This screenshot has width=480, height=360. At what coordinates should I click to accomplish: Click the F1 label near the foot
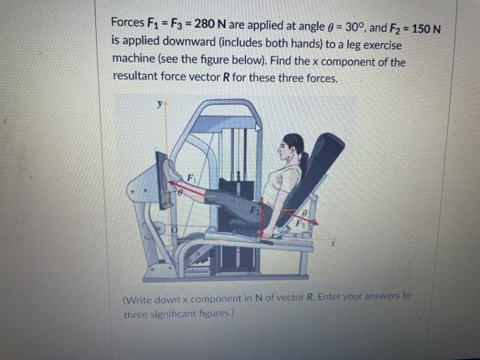tap(191, 178)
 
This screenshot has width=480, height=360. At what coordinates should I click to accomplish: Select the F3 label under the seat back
tap(300, 224)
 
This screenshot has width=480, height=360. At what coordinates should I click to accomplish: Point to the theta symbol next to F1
tap(180, 193)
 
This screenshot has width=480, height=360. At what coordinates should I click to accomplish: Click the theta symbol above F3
tap(304, 213)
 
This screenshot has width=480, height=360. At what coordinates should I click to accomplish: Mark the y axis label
tap(160, 104)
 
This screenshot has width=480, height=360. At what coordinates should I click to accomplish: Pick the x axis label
tap(332, 244)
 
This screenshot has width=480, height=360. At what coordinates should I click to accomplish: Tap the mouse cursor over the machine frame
tap(259, 127)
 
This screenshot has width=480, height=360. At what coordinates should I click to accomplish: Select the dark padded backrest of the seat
tap(311, 178)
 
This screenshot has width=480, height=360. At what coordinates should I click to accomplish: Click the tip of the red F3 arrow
tap(318, 224)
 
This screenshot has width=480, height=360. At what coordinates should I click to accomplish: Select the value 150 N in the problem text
tap(426, 29)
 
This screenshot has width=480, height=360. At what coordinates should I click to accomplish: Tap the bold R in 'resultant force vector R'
tap(226, 77)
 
